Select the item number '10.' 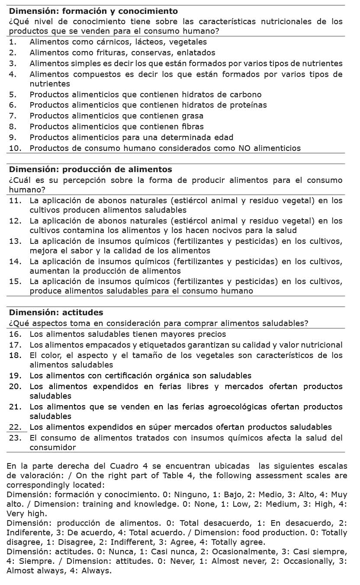(x=16, y=148)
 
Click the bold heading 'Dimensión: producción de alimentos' (x=90, y=169)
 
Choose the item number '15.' (x=16, y=282)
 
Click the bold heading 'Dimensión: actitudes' (x=56, y=312)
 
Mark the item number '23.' (x=16, y=438)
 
